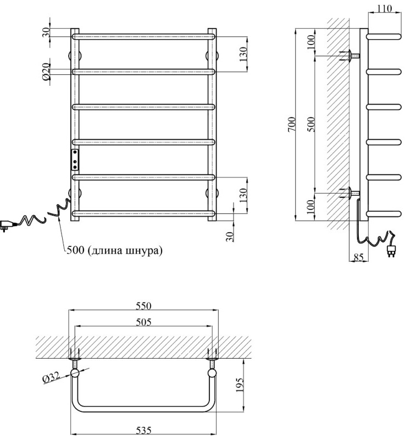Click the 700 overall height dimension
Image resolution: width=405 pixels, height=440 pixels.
coord(292,125)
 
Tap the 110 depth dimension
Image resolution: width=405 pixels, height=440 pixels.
coord(384,8)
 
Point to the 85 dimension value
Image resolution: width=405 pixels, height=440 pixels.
coord(358,256)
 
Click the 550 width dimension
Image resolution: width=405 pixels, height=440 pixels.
coord(143,306)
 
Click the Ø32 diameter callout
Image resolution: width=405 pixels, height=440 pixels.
coord(51,379)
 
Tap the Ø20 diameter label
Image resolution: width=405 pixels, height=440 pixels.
coord(46,71)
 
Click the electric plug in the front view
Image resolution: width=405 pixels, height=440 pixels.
coord(7,224)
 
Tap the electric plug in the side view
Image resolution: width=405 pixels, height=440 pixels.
coord(391,250)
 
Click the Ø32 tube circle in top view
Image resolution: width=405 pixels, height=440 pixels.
coord(75,374)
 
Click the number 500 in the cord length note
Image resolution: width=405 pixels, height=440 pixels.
coord(74,251)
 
